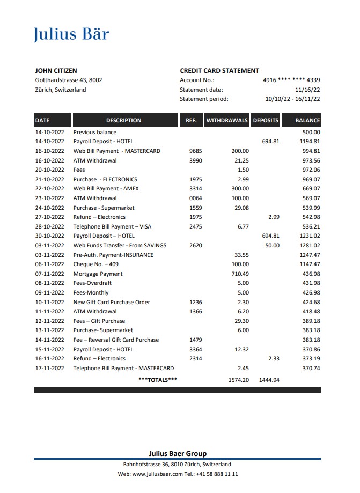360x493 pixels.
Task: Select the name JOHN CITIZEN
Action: pyautogui.click(x=56, y=71)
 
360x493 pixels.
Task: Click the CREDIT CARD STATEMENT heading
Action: pyautogui.click(x=219, y=71)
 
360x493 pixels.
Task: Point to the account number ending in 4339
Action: pyautogui.click(x=291, y=80)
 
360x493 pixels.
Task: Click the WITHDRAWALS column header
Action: pyautogui.click(x=227, y=121)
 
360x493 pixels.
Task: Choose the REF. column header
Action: pyautogui.click(x=191, y=121)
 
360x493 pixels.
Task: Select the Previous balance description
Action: pyautogui.click(x=94, y=132)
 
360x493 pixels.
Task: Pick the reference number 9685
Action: pyautogui.click(x=195, y=151)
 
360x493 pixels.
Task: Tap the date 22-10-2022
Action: pyautogui.click(x=49, y=189)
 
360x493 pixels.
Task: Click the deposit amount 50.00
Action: pyautogui.click(x=273, y=246)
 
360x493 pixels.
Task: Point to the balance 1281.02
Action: pyautogui.click(x=310, y=246)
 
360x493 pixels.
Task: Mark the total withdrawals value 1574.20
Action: pyautogui.click(x=238, y=380)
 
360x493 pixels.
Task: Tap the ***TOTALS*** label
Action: pyautogui.click(x=158, y=380)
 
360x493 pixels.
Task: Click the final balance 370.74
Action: pyautogui.click(x=311, y=369)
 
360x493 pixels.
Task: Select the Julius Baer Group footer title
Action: pyautogui.click(x=177, y=453)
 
